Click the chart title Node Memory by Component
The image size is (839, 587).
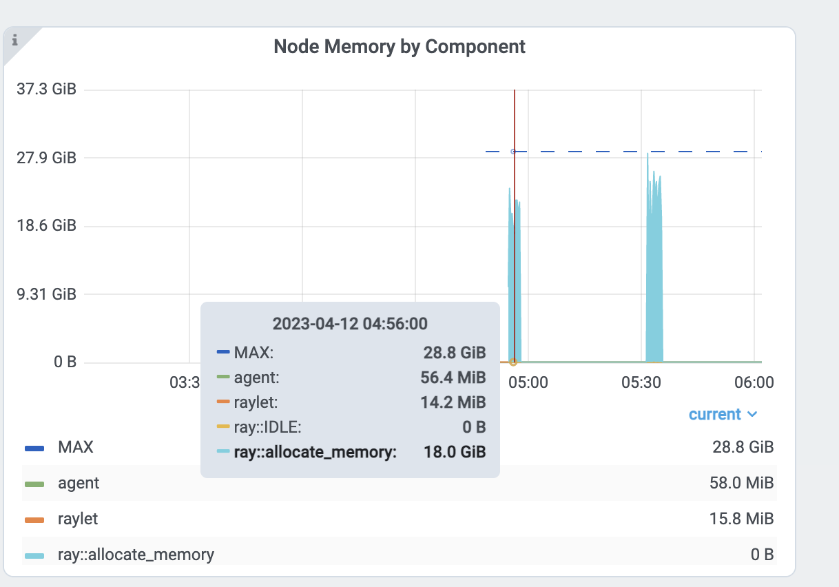tap(400, 47)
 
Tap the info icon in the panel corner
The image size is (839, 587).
tap(14, 40)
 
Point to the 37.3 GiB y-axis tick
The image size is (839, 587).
tap(46, 90)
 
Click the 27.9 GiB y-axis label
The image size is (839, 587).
tap(46, 158)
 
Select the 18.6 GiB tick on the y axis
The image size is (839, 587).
tap(46, 226)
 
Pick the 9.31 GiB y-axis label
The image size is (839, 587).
tap(46, 294)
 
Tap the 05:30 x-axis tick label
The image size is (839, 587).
tap(641, 382)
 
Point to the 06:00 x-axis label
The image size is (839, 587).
tap(754, 382)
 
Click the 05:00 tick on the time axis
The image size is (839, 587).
tap(528, 382)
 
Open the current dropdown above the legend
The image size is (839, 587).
tap(723, 415)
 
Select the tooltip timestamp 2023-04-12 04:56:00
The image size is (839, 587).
tap(350, 324)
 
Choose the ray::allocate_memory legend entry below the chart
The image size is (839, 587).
tap(136, 554)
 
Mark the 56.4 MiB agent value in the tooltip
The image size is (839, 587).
tap(453, 378)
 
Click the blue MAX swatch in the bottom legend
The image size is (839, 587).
tap(34, 448)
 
